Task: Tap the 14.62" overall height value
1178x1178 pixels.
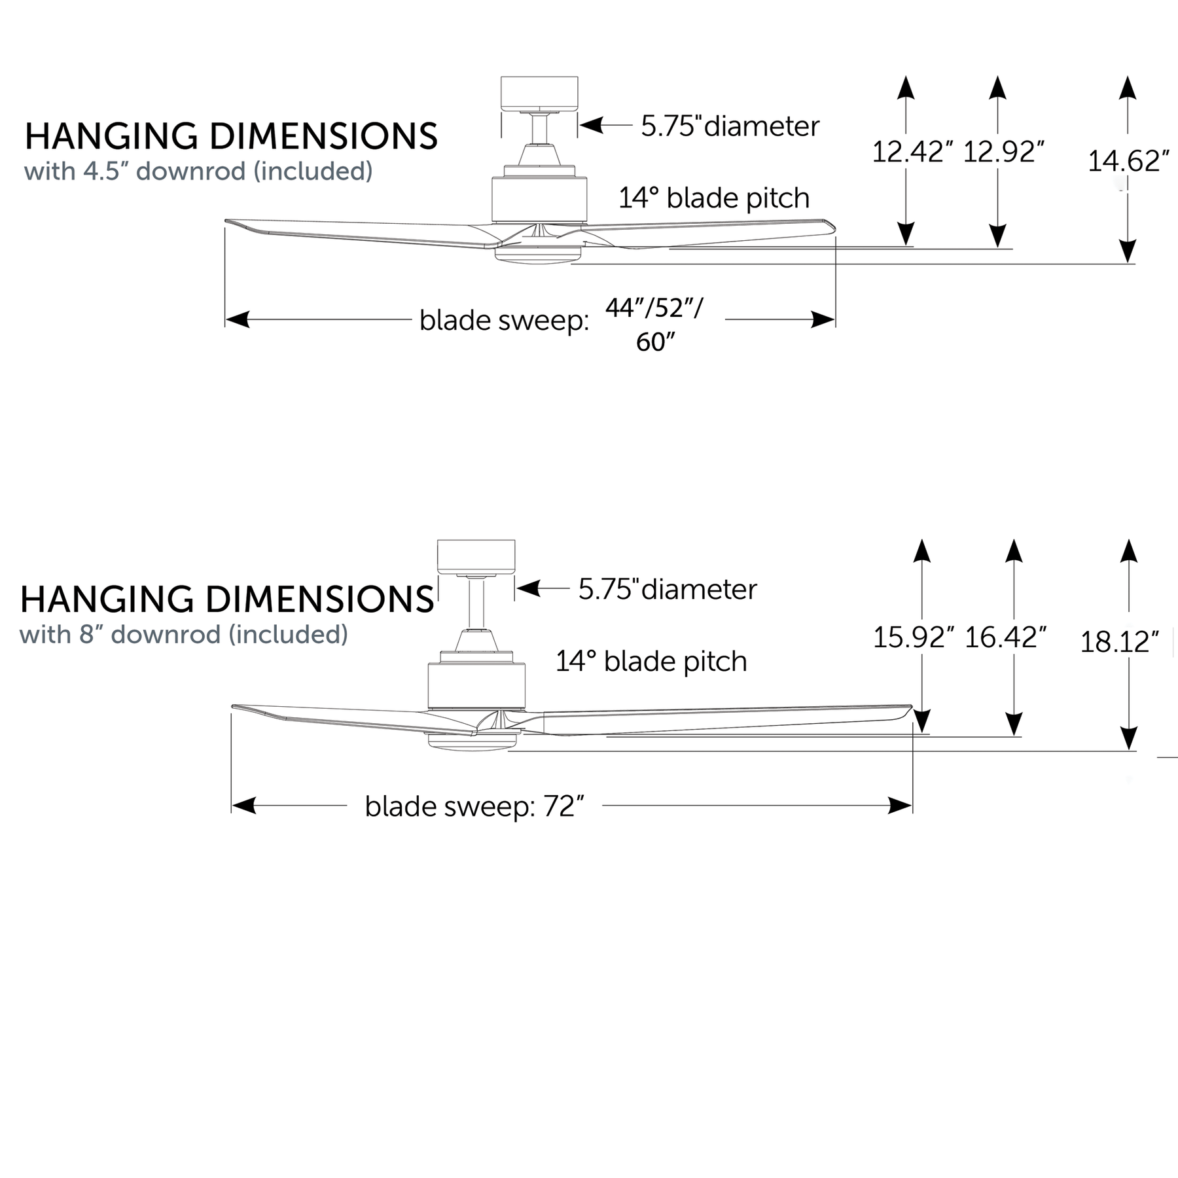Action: [x=1128, y=161]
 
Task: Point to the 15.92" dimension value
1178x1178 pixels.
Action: [x=913, y=637]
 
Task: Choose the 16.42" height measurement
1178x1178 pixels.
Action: [x=1005, y=637]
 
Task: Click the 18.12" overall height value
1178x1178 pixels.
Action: [x=1119, y=642]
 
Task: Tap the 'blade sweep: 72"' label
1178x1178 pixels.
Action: [x=474, y=806]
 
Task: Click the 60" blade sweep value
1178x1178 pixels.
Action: [x=655, y=342]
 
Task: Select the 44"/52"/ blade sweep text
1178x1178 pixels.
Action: [x=654, y=308]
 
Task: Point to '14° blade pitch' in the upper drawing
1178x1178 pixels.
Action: [x=714, y=198]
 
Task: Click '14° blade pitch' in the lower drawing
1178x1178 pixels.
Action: [x=651, y=661]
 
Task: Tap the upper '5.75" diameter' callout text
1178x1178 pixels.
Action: [x=730, y=126]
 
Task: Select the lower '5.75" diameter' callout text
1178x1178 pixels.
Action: [x=668, y=589]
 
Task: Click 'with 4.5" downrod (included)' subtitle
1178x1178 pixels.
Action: [x=198, y=171]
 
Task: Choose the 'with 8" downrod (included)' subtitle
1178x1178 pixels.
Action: [x=184, y=634]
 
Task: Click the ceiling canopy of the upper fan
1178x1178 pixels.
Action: [x=539, y=94]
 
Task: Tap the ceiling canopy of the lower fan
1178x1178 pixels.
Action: [x=476, y=557]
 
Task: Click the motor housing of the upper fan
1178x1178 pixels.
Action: [x=539, y=198]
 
